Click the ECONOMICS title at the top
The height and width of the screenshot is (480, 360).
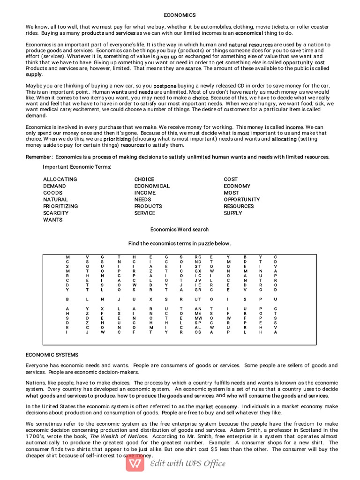[x=180, y=15]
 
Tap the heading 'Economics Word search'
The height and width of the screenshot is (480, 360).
[x=179, y=229]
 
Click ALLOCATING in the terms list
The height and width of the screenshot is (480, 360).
[x=60, y=179]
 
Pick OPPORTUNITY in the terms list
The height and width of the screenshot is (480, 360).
[x=241, y=199]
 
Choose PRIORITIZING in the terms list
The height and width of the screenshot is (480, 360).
[x=60, y=206]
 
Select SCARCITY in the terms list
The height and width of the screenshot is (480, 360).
[x=56, y=213]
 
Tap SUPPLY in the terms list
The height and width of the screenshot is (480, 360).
[x=233, y=213]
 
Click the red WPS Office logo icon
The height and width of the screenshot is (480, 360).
[x=135, y=463]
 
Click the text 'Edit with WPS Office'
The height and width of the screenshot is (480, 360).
[x=187, y=464]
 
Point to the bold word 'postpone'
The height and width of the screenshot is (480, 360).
[x=165, y=86]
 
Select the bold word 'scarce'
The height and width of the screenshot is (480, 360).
[x=193, y=68]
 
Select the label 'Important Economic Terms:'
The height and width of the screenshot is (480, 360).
[x=77, y=167]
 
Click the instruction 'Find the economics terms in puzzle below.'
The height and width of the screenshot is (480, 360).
[x=180, y=243]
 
